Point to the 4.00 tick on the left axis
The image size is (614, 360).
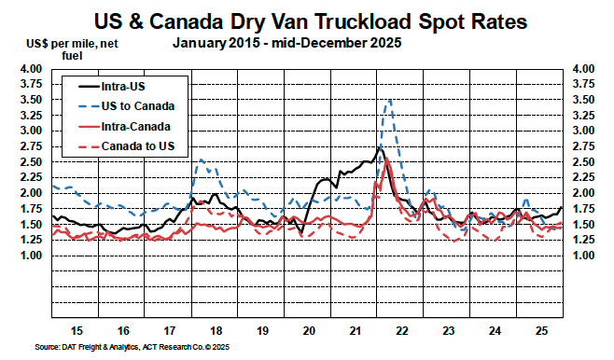click(31, 69)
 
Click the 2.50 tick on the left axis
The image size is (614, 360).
click(31, 162)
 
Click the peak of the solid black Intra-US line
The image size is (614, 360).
click(379, 147)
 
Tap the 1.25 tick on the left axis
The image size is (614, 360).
click(31, 240)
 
